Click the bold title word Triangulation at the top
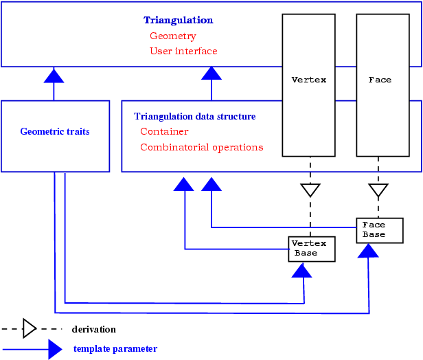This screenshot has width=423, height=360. tap(178, 21)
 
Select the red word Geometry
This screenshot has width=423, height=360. tap(173, 36)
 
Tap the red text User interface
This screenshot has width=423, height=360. tap(183, 51)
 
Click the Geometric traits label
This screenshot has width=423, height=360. tap(55, 131)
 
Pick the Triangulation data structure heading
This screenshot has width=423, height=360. tap(195, 117)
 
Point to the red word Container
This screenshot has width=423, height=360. tap(164, 131)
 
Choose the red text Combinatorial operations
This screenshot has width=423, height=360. tap(201, 147)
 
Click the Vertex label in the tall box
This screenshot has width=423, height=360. tap(309, 80)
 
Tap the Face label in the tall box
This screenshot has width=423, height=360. tap(380, 80)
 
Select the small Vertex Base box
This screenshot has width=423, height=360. tap(312, 249)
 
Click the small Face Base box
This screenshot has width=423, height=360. tap(380, 230)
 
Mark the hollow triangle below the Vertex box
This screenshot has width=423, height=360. tap(310, 190)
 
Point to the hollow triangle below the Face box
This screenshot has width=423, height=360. tap(378, 190)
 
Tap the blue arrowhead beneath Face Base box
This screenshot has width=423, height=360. tap(369, 251)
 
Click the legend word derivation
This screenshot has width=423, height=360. tap(94, 330)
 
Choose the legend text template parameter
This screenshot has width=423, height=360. tap(115, 349)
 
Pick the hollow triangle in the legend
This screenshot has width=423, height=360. tap(30, 328)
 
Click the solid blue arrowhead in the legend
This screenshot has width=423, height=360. tap(55, 349)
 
